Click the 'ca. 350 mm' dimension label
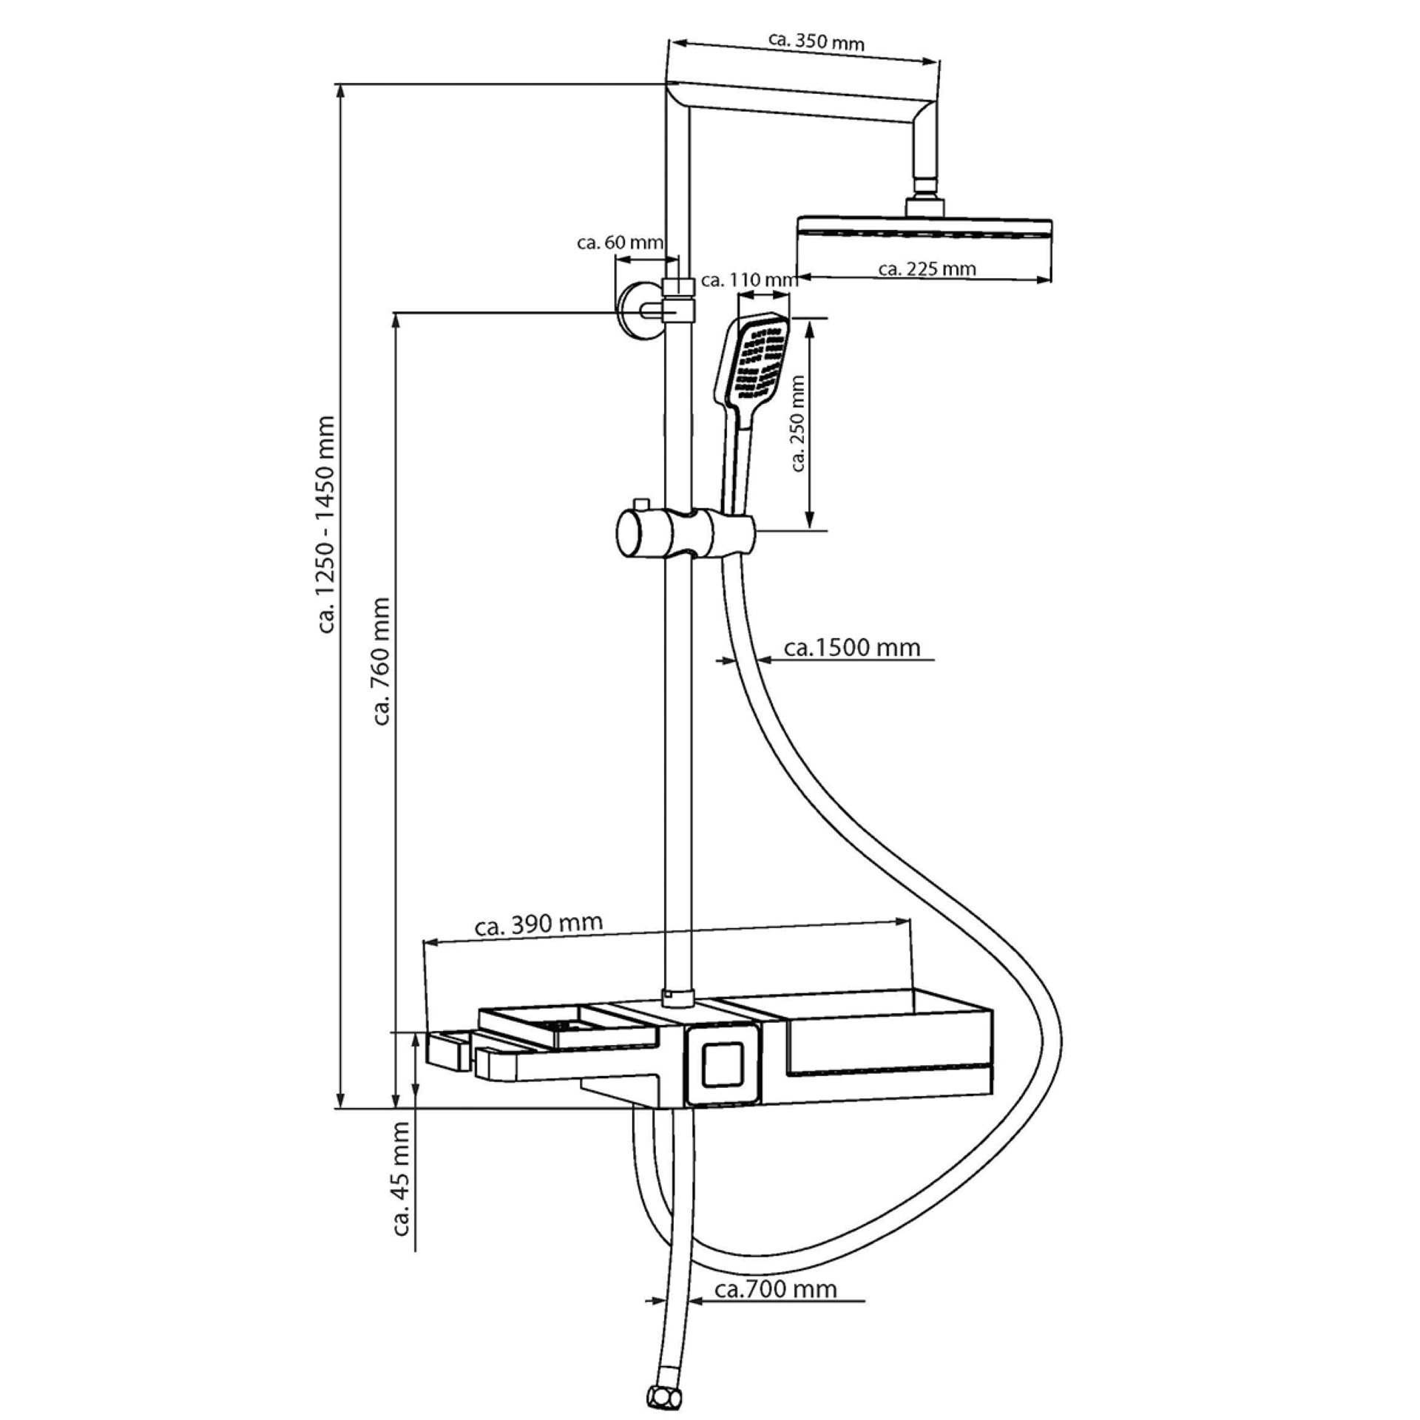[x=816, y=42]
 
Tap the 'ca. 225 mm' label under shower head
[x=927, y=269]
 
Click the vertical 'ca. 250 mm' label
[x=797, y=423]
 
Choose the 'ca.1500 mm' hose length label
[x=852, y=649]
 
